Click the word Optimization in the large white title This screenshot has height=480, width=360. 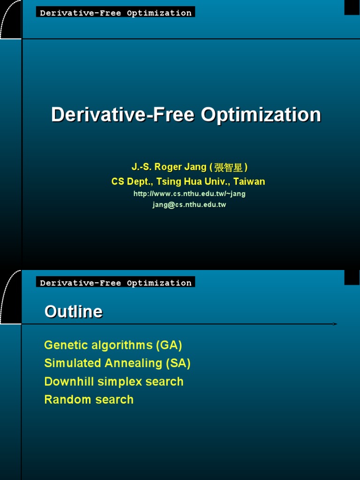(x=261, y=115)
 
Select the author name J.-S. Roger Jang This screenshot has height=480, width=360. (x=169, y=167)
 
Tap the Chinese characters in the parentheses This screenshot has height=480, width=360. (x=228, y=168)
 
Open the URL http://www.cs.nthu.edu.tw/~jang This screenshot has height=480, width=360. (x=189, y=194)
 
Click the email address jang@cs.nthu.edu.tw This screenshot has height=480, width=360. (x=189, y=205)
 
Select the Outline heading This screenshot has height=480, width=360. (x=73, y=312)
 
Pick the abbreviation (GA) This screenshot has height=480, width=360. (x=169, y=345)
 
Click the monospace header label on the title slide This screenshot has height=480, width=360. (x=116, y=13)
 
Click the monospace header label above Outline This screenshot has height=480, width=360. (x=116, y=283)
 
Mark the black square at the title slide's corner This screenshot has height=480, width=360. (x=352, y=7)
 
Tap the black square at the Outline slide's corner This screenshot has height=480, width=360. (x=352, y=277)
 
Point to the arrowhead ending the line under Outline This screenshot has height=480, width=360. (x=335, y=324)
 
